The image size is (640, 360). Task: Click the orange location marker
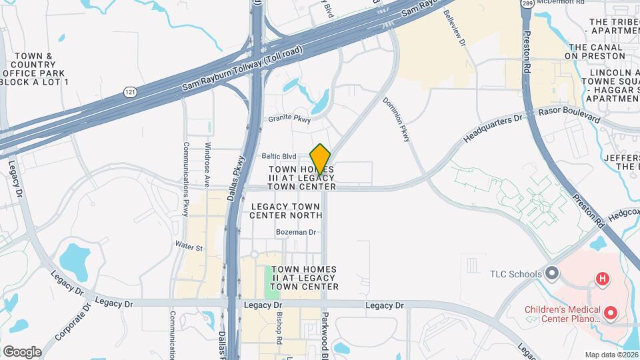pos(321,159)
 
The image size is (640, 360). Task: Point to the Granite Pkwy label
pos(289,119)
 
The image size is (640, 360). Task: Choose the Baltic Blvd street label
pos(279,156)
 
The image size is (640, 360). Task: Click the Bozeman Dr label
pos(295,232)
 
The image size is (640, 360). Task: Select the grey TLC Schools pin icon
pos(551,273)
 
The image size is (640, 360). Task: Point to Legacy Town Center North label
pos(286,211)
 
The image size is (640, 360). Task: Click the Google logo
pos(22,351)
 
